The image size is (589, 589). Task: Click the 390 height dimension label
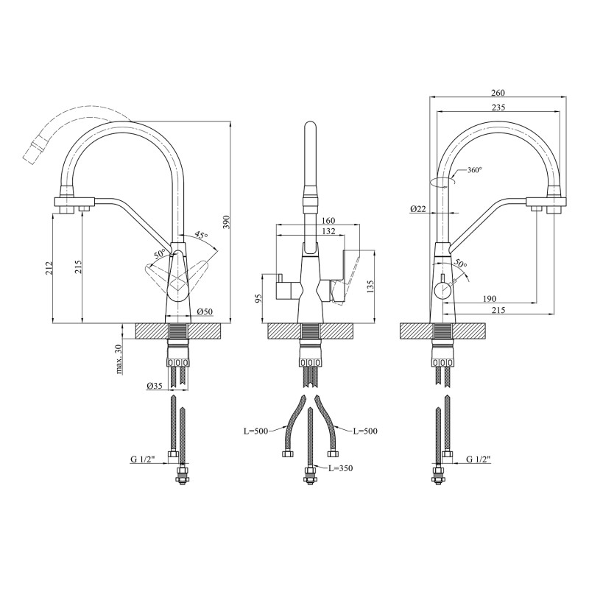[x=227, y=221]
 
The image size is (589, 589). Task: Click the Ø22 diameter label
[x=418, y=210]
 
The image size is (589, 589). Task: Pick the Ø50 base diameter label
[x=205, y=313]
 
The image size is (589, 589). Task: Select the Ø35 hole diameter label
[x=155, y=386]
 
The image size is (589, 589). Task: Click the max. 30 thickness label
[x=119, y=359]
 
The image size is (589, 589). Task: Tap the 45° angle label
[x=201, y=236]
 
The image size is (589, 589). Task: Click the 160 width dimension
[x=328, y=220]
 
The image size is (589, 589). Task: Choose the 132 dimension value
[x=328, y=232]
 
